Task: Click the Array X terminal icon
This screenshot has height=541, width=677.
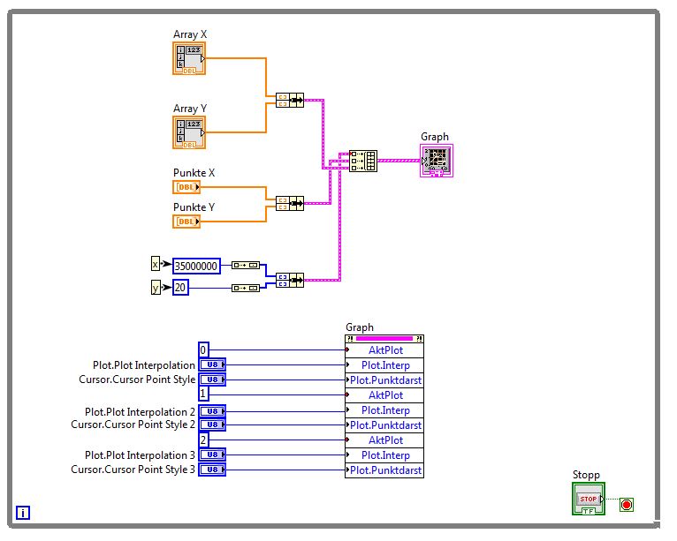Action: point(188,58)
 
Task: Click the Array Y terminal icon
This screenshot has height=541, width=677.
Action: point(188,131)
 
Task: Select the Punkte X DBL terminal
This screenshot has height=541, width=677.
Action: point(186,187)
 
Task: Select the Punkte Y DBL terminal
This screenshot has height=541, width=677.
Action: point(186,221)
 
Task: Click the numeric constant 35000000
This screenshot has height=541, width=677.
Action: point(196,265)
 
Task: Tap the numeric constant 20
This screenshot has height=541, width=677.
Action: point(180,287)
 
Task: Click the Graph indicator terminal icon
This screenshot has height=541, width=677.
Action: point(436,160)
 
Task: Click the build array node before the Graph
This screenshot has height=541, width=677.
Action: point(363,161)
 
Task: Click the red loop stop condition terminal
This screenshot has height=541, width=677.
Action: point(628,505)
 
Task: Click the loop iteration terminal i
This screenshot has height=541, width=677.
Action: point(23,512)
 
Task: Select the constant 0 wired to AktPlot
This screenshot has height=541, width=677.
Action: point(203,349)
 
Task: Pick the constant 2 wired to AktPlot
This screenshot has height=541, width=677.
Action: point(203,440)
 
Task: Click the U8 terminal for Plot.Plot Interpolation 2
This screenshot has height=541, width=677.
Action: point(212,410)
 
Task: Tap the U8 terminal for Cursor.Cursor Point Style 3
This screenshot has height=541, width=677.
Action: point(212,470)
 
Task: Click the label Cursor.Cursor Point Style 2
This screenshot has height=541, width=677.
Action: point(133,425)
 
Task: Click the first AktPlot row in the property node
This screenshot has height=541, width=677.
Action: point(384,350)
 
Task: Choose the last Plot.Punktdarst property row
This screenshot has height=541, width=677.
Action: point(384,470)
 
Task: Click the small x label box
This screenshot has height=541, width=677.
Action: point(156,264)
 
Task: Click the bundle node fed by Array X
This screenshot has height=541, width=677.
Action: point(289,100)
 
